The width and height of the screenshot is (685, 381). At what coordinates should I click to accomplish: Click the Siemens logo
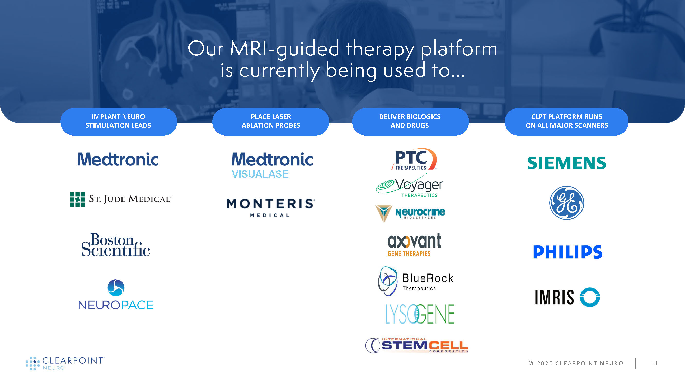(x=567, y=163)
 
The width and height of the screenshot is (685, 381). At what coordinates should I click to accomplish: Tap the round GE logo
(x=567, y=203)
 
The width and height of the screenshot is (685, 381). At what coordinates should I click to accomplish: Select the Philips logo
(x=568, y=252)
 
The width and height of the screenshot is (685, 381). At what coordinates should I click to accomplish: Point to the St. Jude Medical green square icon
(x=77, y=199)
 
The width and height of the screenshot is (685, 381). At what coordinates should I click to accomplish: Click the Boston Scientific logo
(x=116, y=245)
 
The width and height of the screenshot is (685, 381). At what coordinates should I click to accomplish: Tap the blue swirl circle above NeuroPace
(x=116, y=287)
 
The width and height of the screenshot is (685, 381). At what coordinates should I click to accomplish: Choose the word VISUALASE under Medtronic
(x=260, y=174)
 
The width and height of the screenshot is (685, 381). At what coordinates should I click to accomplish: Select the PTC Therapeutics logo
(x=414, y=159)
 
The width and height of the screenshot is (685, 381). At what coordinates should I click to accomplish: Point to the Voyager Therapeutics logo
(x=410, y=185)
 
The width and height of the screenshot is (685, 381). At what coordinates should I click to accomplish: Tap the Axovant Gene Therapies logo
(x=414, y=245)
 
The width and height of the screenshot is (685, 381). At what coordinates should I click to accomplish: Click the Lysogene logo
(x=420, y=314)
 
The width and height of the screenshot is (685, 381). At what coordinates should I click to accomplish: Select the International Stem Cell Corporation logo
(x=417, y=345)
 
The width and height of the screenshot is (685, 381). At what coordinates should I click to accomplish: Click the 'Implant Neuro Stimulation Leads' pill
(x=119, y=121)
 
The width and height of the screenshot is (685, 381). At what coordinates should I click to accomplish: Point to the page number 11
(x=654, y=363)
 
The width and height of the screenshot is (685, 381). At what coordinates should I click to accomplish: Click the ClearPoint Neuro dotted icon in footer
(x=33, y=363)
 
